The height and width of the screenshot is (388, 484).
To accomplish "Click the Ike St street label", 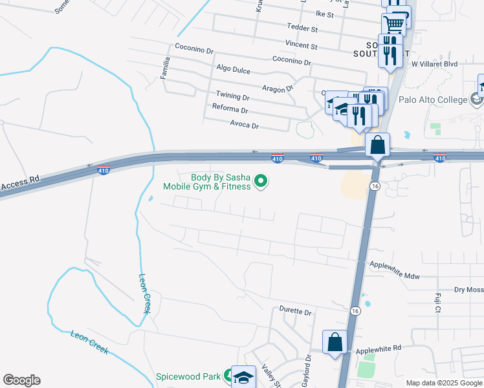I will (x=325, y=14).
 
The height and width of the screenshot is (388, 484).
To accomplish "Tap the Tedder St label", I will (x=303, y=29).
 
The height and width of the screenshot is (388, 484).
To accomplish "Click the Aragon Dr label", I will (x=278, y=88).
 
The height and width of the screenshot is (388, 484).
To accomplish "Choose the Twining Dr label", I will (x=233, y=96).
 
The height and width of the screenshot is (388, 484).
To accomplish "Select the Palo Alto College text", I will (x=442, y=100).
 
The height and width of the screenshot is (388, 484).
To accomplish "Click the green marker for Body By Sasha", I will (x=261, y=182).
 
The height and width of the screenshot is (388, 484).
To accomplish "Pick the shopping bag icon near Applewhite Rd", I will (x=335, y=342).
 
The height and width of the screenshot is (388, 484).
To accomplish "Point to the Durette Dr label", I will (x=296, y=311).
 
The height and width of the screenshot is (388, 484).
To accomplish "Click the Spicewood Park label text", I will (x=189, y=376).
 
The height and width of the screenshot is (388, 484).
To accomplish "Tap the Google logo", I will (x=21, y=380).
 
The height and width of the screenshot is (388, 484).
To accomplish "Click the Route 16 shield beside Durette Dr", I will (x=355, y=311).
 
